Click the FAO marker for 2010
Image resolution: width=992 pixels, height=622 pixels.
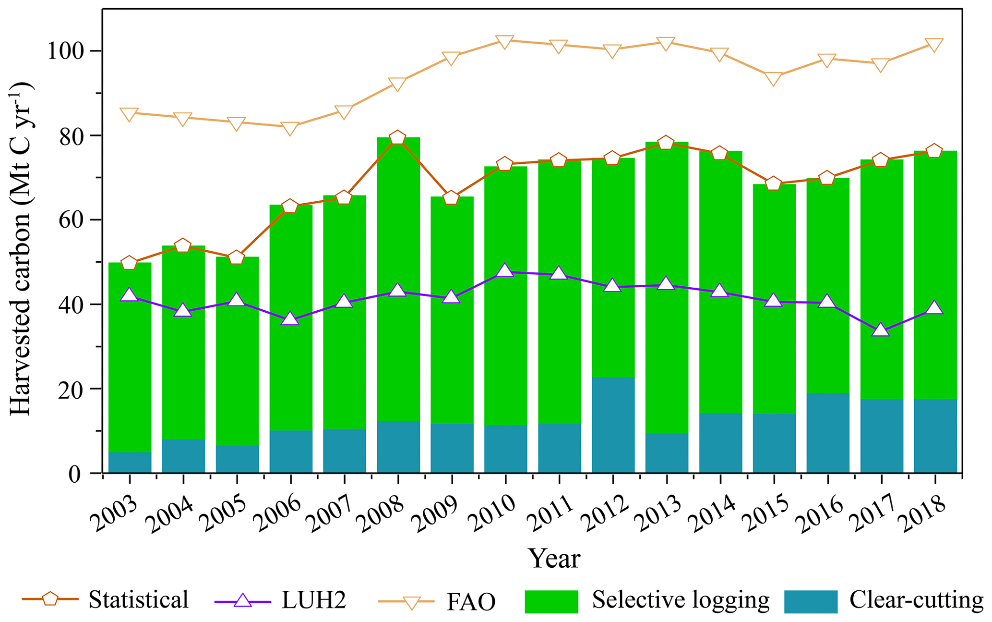click(505, 42)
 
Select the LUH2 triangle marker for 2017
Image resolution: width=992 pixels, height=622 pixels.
click(881, 330)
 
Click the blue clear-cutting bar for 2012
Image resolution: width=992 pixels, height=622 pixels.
click(613, 425)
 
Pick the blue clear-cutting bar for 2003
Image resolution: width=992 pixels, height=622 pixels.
click(130, 462)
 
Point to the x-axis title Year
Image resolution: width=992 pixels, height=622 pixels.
click(554, 559)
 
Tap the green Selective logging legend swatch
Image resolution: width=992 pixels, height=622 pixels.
click(551, 601)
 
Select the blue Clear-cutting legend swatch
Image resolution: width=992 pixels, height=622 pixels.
click(811, 601)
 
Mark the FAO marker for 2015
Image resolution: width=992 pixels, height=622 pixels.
click(774, 78)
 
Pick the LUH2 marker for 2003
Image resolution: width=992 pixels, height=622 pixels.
click(130, 295)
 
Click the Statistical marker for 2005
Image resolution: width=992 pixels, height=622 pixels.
click(237, 257)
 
